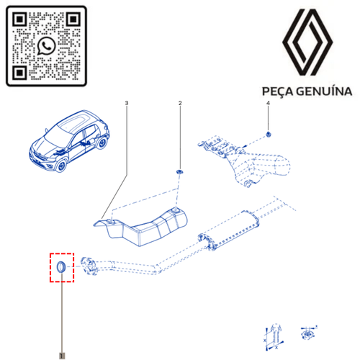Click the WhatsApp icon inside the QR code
(47, 46)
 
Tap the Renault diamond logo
(307, 42)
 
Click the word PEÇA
(277, 92)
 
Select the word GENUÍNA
(324, 91)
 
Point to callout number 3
(127, 103)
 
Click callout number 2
(180, 103)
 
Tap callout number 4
(268, 103)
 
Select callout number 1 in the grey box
(62, 356)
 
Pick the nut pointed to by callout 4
(269, 135)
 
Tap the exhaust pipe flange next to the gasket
(89, 266)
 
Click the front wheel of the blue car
(61, 166)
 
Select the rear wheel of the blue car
(102, 143)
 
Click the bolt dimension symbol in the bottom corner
(274, 337)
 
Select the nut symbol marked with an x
(308, 333)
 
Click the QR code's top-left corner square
(19, 19)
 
